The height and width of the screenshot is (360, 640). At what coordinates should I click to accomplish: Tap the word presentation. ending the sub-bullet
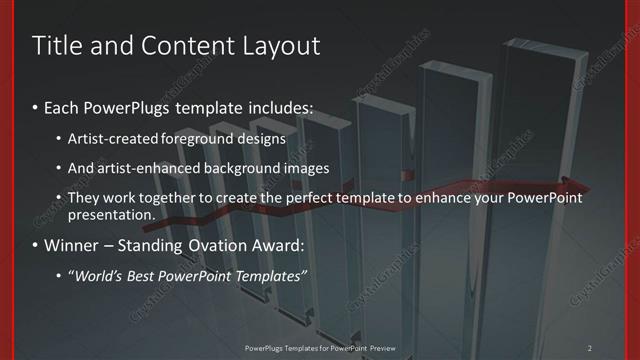[x=112, y=214]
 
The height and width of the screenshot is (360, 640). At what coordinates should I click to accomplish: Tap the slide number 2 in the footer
[x=590, y=347]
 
